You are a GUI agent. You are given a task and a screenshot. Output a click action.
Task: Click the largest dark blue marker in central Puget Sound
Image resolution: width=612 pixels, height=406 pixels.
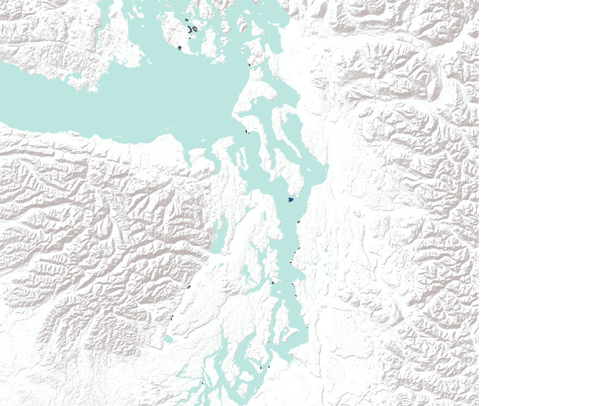[290, 200]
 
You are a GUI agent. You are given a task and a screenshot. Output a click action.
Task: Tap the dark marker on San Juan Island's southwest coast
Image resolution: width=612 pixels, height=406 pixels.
[178, 47]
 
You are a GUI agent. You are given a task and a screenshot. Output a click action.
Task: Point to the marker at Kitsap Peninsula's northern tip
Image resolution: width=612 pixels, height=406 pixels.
[246, 131]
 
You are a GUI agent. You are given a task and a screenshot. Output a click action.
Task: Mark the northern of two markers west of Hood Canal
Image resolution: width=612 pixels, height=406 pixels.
[189, 288]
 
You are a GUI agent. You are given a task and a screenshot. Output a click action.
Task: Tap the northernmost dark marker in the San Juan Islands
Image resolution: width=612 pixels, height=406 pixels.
[186, 19]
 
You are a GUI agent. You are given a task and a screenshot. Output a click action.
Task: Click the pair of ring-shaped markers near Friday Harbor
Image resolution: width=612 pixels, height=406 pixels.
[193, 29]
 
